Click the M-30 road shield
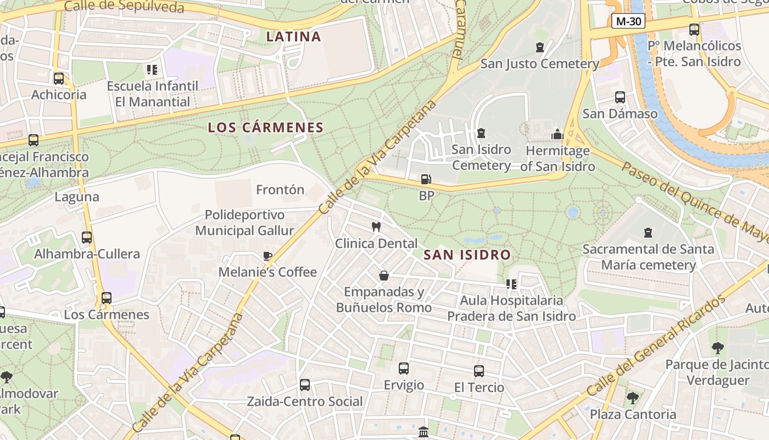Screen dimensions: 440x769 [x=628, y=21]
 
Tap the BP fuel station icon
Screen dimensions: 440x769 [x=426, y=179]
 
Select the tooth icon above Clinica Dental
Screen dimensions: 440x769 [x=376, y=227]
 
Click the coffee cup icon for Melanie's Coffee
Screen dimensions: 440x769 [x=268, y=256]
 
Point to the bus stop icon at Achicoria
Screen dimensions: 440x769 [x=59, y=78]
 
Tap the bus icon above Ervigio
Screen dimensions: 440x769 [x=404, y=369]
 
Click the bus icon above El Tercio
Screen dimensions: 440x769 [x=479, y=371]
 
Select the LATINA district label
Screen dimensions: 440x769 [x=293, y=37]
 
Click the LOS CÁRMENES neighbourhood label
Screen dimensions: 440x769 [x=265, y=128]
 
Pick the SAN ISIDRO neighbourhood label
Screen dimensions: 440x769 [x=467, y=255]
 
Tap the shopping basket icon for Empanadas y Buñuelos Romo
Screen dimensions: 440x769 [x=384, y=276]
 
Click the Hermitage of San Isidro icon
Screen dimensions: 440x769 [x=558, y=134]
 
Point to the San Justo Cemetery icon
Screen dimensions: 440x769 [x=540, y=48]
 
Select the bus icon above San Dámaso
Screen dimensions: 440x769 [x=620, y=97]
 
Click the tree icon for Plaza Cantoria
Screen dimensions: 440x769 [x=633, y=398]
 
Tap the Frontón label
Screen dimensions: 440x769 [x=280, y=190]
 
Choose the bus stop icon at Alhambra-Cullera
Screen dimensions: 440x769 [x=87, y=238]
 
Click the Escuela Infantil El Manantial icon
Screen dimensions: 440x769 [x=152, y=70]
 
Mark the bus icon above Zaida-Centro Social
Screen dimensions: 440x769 [x=305, y=385]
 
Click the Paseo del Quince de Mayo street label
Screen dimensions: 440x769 [x=695, y=202]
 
